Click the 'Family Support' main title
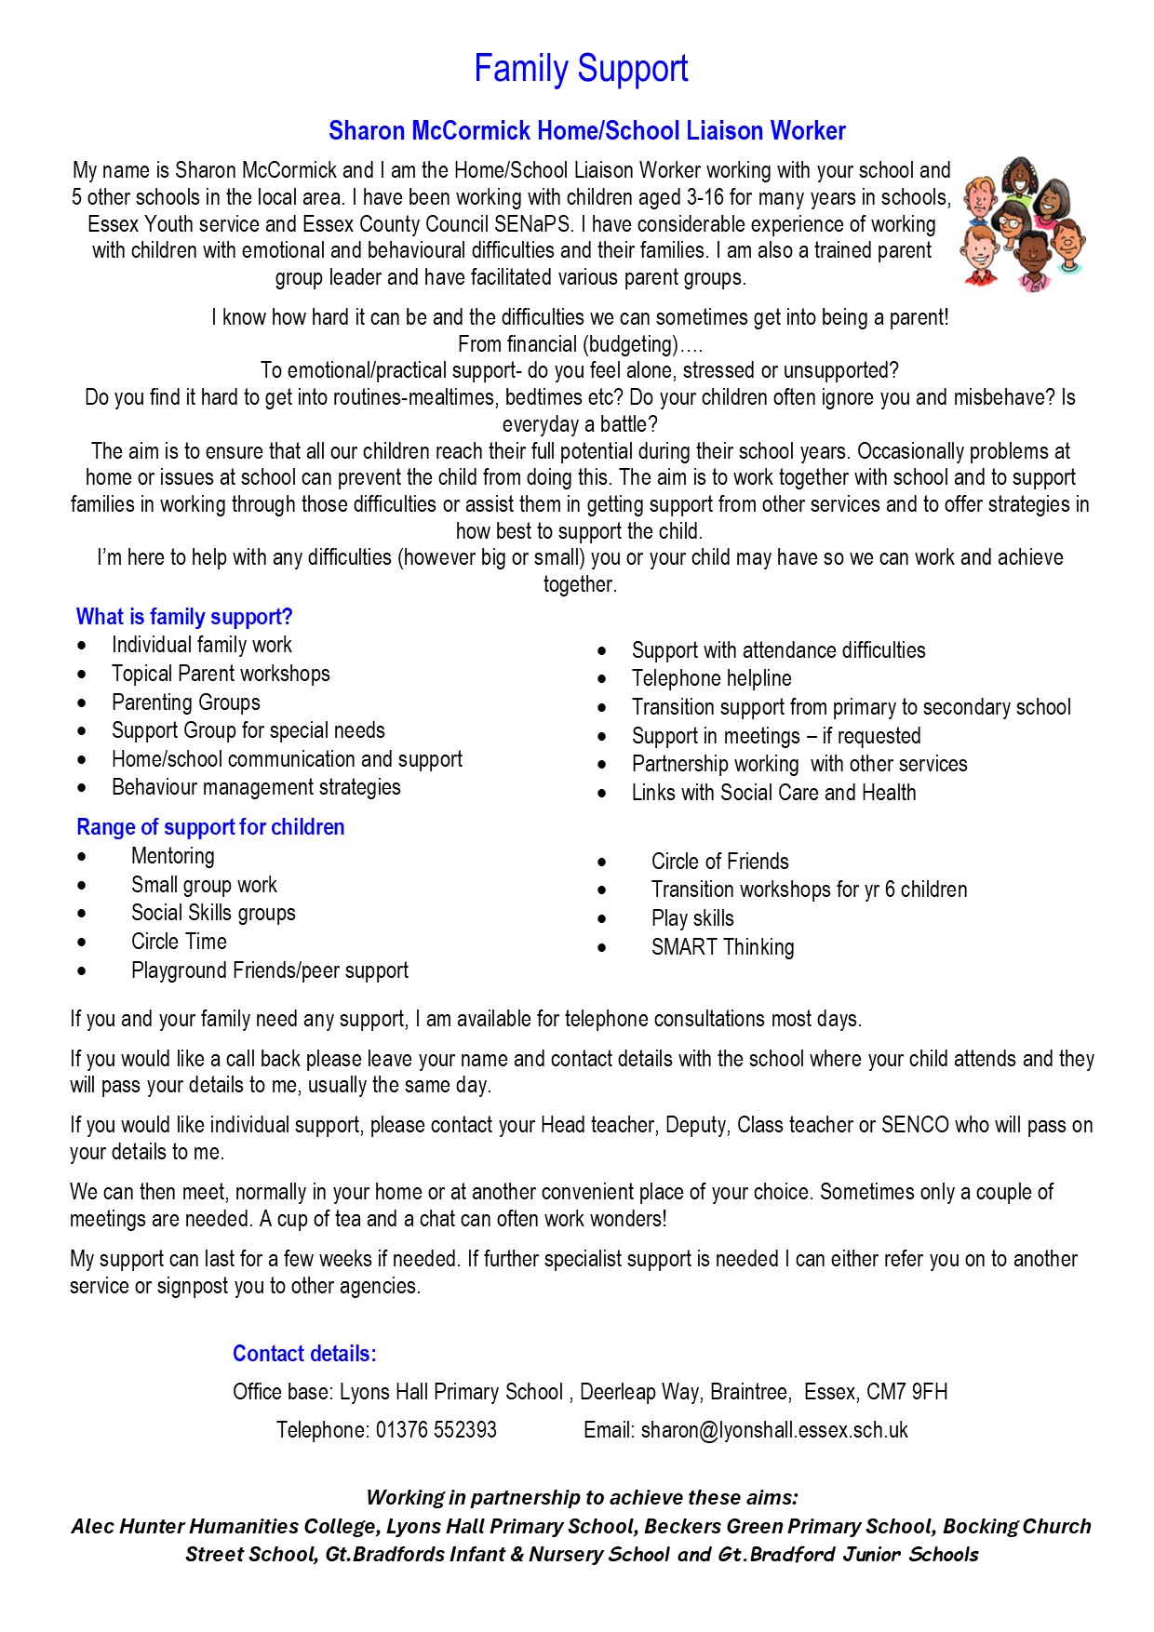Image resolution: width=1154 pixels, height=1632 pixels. pyautogui.click(x=581, y=69)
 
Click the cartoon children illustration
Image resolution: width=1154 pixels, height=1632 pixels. pyautogui.click(x=1025, y=224)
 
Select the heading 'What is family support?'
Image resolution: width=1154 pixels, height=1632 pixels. pyautogui.click(x=184, y=617)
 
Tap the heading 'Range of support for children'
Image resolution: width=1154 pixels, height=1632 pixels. pyautogui.click(x=210, y=827)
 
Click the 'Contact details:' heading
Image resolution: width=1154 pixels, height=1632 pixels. pyautogui.click(x=304, y=1354)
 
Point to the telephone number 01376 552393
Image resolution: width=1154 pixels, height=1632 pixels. pyautogui.click(x=436, y=1430)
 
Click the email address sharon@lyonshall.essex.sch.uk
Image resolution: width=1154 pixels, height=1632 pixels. pyautogui.click(x=774, y=1430)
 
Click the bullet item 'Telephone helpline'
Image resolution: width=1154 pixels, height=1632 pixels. pyautogui.click(x=711, y=678)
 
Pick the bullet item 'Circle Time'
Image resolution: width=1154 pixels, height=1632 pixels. pyautogui.click(x=179, y=942)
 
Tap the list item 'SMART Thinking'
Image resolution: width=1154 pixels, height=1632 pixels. pyautogui.click(x=722, y=947)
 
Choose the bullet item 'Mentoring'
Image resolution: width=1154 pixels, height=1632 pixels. pyautogui.click(x=172, y=856)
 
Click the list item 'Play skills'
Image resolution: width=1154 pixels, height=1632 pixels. pyautogui.click(x=692, y=918)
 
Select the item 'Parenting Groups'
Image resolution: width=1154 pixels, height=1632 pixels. pyautogui.click(x=185, y=702)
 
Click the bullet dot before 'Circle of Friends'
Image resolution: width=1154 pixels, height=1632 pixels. pyautogui.click(x=602, y=863)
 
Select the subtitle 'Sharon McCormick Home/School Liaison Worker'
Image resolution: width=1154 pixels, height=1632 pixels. pyautogui.click(x=586, y=131)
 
